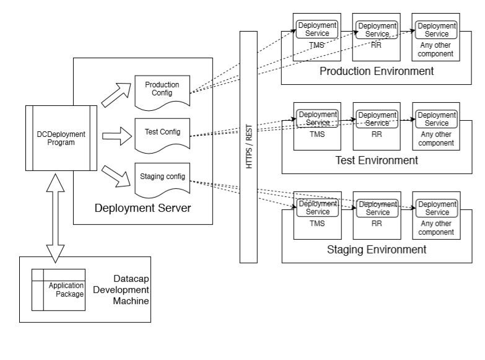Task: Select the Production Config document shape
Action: pyautogui.click(x=162, y=89)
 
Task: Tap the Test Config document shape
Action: pyautogui.click(x=162, y=131)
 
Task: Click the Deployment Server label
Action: pyautogui.click(x=142, y=208)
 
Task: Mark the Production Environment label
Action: pyautogui.click(x=376, y=71)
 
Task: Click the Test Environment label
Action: pyautogui.click(x=376, y=160)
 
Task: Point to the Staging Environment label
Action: pyautogui.click(x=376, y=250)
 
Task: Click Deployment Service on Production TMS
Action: pyautogui.click(x=317, y=29)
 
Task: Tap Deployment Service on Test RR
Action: pyautogui.click(x=377, y=118)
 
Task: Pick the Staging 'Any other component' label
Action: pyautogui.click(x=436, y=228)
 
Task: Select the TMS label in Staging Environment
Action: pyautogui.click(x=317, y=224)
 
